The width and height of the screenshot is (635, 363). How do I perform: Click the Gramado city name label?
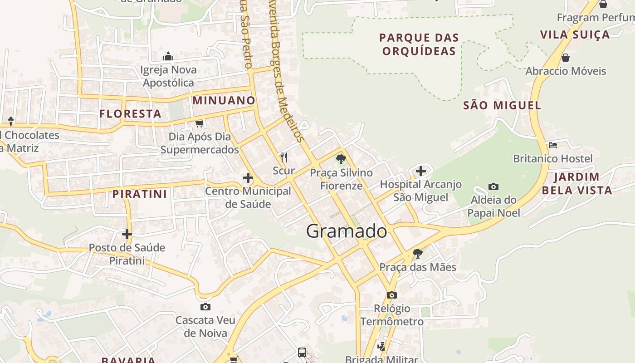click(x=347, y=231)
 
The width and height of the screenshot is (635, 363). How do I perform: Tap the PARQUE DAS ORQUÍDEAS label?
click(x=419, y=44)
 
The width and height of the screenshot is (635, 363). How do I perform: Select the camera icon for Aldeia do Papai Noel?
click(x=493, y=186)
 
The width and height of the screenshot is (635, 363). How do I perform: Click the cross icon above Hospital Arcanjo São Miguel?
click(x=421, y=171)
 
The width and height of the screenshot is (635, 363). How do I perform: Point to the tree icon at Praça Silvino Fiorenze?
click(x=341, y=159)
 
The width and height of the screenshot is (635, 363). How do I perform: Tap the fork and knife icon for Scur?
click(x=284, y=157)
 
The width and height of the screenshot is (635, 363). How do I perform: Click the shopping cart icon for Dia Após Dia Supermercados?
click(x=199, y=123)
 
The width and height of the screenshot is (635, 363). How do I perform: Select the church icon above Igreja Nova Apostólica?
click(x=168, y=56)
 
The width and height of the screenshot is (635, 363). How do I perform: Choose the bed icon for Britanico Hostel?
click(x=553, y=145)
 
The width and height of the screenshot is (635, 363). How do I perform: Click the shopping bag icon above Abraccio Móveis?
click(x=566, y=58)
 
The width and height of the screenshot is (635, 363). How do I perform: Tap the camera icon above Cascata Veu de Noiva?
click(x=205, y=307)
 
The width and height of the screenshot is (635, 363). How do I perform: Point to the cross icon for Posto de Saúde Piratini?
click(x=127, y=234)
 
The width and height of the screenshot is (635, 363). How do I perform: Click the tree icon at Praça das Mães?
click(x=417, y=254)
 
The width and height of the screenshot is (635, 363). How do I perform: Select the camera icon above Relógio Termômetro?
click(x=392, y=295)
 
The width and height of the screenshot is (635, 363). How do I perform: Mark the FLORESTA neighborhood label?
click(x=131, y=113)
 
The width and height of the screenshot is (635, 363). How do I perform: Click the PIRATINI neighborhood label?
click(x=140, y=194)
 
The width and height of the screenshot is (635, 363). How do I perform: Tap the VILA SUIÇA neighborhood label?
click(x=575, y=34)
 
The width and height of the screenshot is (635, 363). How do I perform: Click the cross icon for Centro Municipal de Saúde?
click(x=248, y=178)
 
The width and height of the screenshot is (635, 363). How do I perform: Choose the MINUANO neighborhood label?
click(x=224, y=100)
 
